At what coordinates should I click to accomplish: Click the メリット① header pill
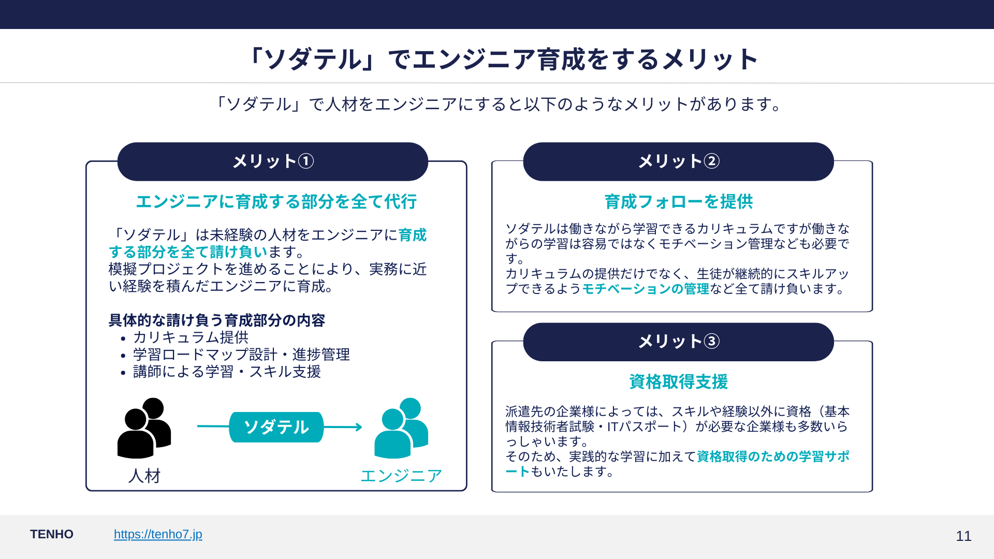(273, 161)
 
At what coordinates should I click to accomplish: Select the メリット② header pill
(678, 161)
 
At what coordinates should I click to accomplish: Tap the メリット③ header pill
(678, 342)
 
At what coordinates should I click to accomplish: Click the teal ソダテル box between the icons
(276, 427)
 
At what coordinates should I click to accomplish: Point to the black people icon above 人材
(144, 428)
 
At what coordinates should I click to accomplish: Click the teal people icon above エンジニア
(401, 428)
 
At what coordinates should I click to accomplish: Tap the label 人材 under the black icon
(144, 476)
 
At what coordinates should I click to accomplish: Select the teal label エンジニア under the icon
(401, 476)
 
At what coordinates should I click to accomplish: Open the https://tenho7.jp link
(158, 534)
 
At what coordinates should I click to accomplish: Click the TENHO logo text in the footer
(52, 534)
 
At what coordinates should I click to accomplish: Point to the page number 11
(963, 536)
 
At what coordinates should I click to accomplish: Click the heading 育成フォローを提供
(678, 201)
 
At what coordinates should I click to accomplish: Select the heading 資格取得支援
(678, 381)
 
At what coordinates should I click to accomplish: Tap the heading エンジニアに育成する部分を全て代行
(276, 201)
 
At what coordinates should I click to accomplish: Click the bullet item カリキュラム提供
(191, 337)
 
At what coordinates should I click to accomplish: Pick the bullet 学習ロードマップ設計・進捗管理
(241, 355)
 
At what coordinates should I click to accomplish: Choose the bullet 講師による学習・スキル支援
(227, 372)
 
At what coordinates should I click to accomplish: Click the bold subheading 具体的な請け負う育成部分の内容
(216, 320)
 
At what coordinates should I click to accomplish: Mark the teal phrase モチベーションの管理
(646, 289)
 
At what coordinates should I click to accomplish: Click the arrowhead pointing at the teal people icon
(358, 427)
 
